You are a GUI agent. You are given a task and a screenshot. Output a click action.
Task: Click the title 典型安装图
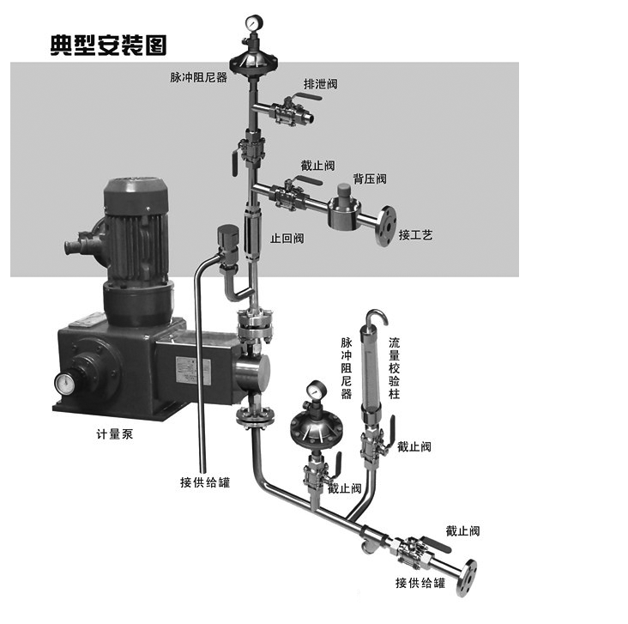107,45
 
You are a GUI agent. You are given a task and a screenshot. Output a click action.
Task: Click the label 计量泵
114,434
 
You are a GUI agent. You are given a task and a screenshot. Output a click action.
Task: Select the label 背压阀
370,179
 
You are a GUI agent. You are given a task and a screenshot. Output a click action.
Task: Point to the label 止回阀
287,238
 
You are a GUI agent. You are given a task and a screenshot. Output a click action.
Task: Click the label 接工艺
415,234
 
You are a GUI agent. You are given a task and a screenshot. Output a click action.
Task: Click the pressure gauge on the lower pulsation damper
316,389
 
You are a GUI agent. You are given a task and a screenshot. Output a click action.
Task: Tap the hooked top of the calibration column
373,318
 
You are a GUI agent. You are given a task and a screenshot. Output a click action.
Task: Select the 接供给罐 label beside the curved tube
205,482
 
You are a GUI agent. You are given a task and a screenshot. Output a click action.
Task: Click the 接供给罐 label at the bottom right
420,584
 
